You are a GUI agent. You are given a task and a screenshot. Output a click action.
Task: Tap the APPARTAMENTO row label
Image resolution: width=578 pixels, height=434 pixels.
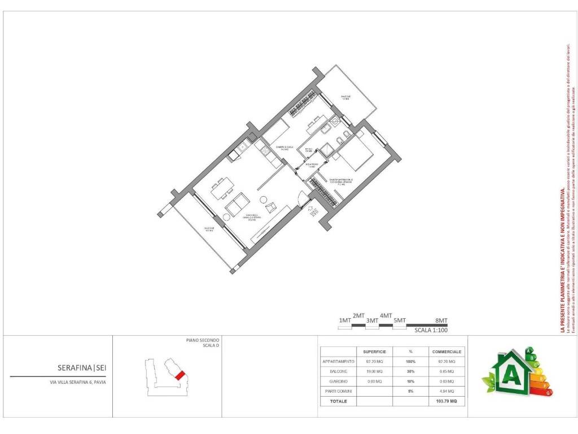point(339,361)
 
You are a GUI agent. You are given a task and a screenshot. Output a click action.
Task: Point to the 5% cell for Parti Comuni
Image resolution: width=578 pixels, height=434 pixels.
point(411,391)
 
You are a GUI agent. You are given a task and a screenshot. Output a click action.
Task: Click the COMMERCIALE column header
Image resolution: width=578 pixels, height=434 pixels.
point(446,351)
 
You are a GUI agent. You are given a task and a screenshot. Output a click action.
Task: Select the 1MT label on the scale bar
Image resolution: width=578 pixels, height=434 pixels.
point(345,321)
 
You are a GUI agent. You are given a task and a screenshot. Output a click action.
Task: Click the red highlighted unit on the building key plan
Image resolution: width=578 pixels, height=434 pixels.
point(179,375)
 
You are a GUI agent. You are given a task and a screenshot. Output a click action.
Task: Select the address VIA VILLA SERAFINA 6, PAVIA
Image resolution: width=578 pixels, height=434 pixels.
point(77,382)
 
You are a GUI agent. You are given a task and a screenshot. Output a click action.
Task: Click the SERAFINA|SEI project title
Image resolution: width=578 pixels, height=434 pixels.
point(82,368)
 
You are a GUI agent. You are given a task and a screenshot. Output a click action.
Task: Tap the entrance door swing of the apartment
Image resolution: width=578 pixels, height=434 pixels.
point(304,198)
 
